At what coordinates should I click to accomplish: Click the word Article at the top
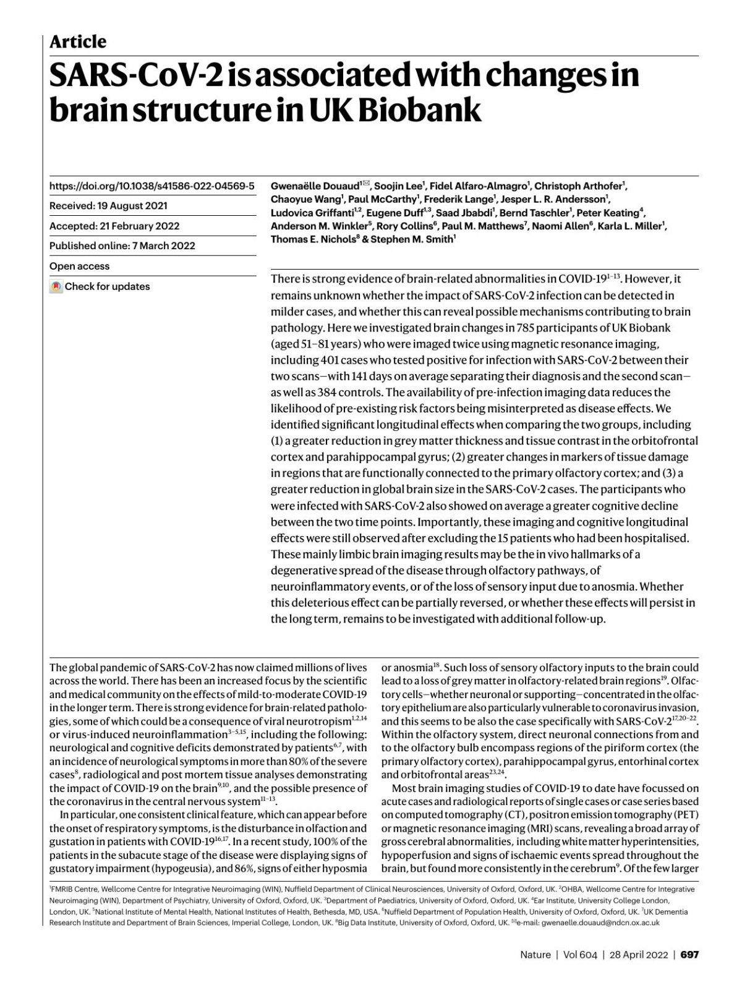tap(77, 41)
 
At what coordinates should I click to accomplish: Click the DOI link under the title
tap(151, 185)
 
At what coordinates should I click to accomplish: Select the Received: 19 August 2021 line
tap(108, 206)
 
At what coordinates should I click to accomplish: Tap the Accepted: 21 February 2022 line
tap(114, 226)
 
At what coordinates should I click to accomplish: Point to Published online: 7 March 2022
tap(122, 245)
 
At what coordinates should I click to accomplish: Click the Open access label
tap(79, 266)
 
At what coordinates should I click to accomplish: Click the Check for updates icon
tap(56, 286)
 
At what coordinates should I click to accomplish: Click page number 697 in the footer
tap(689, 954)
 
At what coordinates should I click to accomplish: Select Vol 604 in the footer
tap(580, 954)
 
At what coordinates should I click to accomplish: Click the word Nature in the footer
tap(535, 954)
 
